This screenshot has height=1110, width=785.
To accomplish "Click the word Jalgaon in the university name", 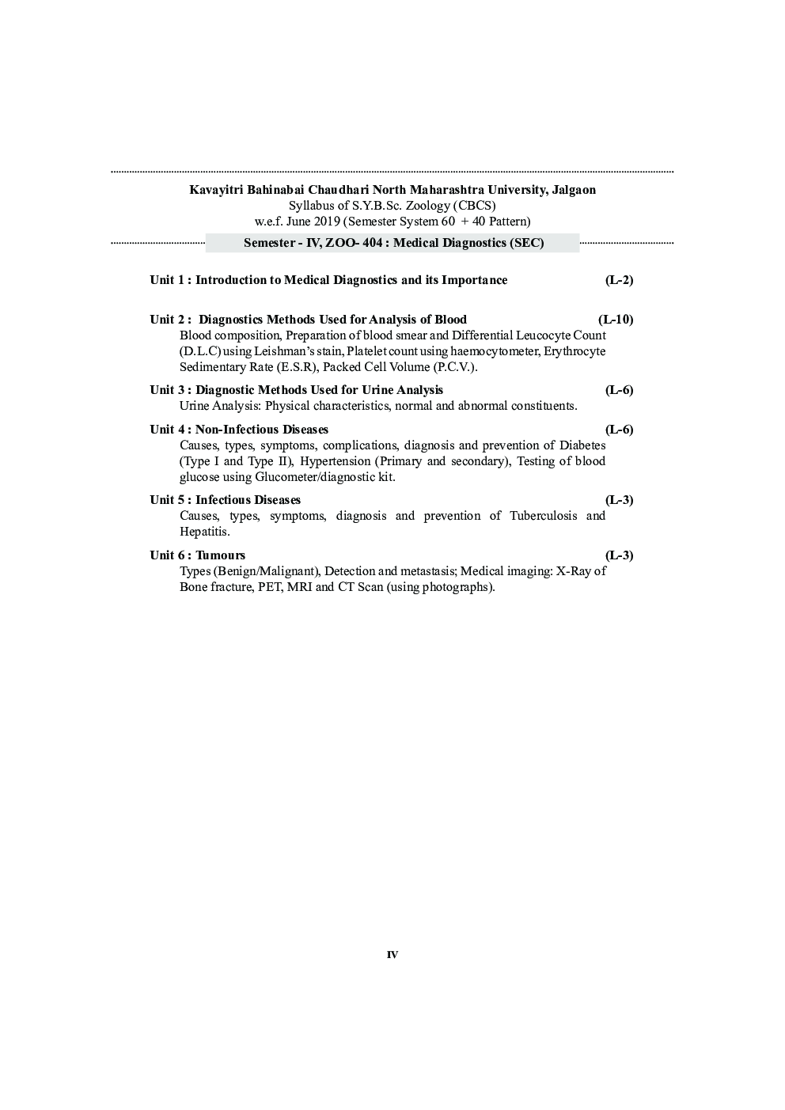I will tap(571, 190).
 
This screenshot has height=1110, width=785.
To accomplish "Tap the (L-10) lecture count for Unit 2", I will tap(616, 320).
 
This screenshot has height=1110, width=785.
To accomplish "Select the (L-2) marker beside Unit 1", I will tap(619, 280).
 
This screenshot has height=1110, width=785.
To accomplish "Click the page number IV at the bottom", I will tap(392, 955).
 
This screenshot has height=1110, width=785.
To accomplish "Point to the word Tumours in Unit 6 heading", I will tap(221, 555).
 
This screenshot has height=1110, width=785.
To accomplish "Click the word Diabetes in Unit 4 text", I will tap(582, 445).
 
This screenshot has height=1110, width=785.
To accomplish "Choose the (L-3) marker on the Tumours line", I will tap(619, 555).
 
